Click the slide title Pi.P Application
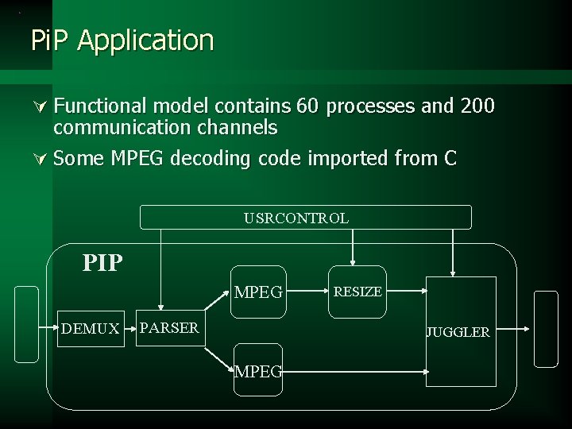[122, 40]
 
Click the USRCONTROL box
[306, 217]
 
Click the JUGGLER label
[458, 333]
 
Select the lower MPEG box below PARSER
[259, 369]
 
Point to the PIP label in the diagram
[103, 263]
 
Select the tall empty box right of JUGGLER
[547, 328]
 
